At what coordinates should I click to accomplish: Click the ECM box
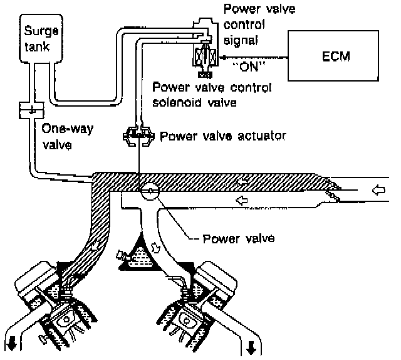(x=333, y=56)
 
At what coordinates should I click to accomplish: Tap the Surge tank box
(x=41, y=38)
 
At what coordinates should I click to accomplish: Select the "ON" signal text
(x=248, y=67)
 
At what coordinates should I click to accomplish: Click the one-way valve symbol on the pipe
(x=31, y=110)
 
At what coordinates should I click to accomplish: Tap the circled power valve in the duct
(x=150, y=191)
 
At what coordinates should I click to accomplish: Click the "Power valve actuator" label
(x=222, y=136)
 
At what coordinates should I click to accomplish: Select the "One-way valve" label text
(x=67, y=137)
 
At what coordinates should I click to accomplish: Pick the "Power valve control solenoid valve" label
(x=212, y=95)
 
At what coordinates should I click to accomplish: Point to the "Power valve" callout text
(x=239, y=238)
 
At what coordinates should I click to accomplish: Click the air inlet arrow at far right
(x=378, y=190)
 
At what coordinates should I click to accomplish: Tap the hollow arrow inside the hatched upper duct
(x=242, y=182)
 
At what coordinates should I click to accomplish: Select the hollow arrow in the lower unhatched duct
(x=242, y=200)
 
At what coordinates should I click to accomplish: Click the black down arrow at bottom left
(x=11, y=346)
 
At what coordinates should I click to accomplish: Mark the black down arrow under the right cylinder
(x=251, y=347)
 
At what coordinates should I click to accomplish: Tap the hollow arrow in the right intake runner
(x=155, y=247)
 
